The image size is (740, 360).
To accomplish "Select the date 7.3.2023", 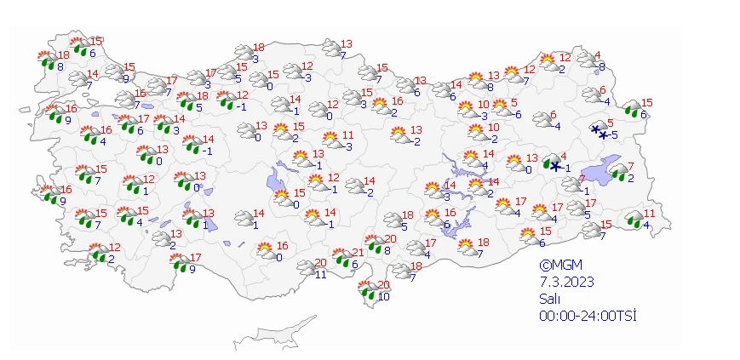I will (x=566, y=282).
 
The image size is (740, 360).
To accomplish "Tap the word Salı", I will (x=549, y=299).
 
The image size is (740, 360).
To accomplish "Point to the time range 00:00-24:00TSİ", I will (x=587, y=316).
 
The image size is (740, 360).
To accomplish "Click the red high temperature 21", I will (x=359, y=253).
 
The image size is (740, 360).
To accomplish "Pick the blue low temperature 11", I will (x=320, y=274).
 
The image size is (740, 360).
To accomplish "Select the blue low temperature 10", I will (x=384, y=296).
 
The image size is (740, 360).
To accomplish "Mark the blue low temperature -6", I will (x=517, y=115).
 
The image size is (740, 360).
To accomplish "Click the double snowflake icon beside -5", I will (x=600, y=130).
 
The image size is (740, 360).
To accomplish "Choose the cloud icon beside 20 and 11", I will (x=307, y=268).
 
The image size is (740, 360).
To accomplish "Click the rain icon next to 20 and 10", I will (x=369, y=291).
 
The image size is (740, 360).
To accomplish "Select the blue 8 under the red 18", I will (x=60, y=66).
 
